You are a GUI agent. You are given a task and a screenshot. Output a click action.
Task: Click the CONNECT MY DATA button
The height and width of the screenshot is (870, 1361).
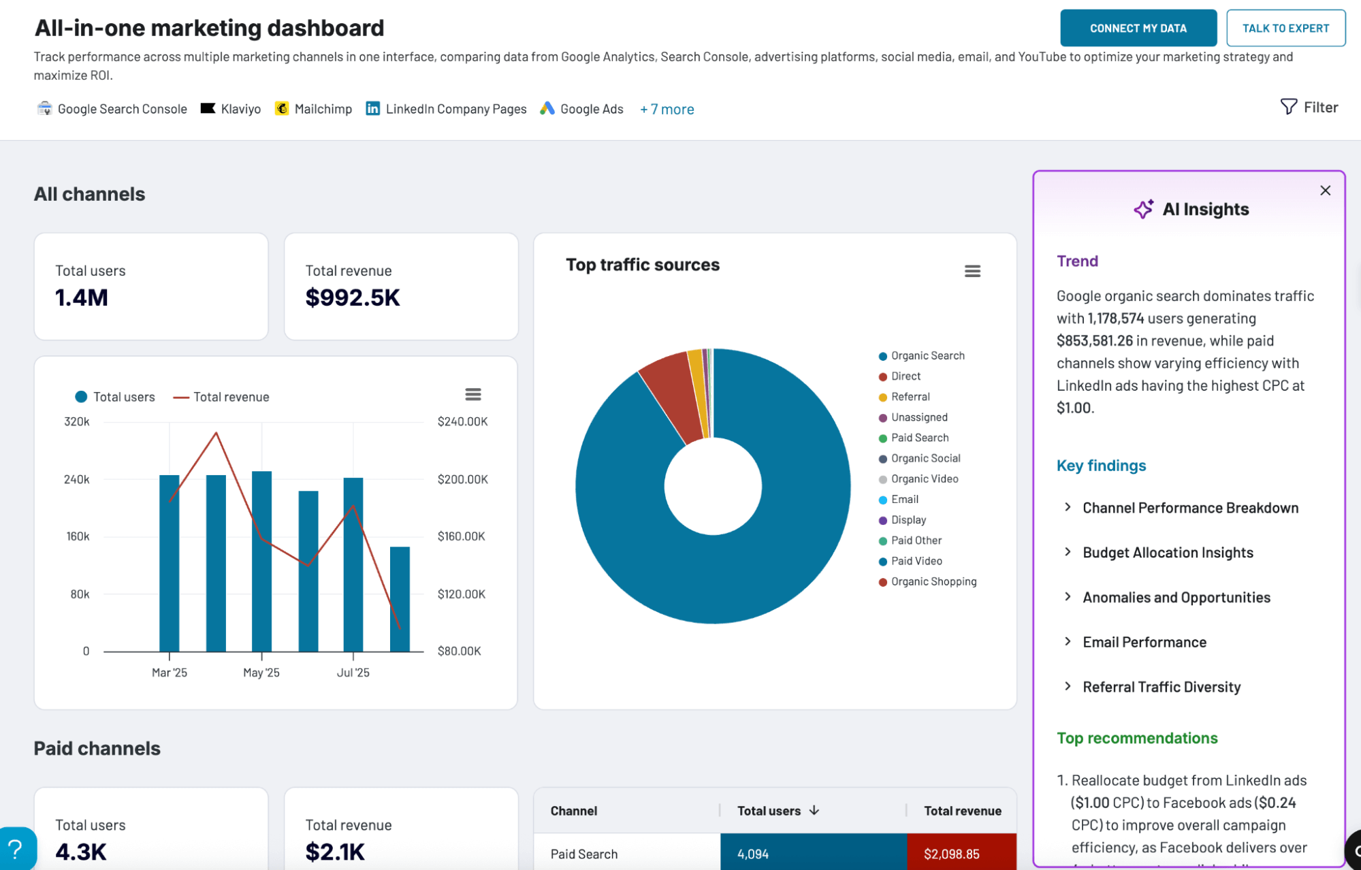[1138, 28]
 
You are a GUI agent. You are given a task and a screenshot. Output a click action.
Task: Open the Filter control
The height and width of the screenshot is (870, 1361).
[1309, 107]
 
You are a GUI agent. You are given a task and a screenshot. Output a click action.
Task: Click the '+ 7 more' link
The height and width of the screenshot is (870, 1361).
[667, 109]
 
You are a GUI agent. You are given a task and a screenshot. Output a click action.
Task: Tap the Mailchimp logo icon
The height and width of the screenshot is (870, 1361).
[281, 108]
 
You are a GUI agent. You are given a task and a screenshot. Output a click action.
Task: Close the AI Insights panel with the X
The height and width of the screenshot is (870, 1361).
[1324, 191]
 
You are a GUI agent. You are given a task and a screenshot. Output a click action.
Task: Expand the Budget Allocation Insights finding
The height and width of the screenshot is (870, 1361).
[1167, 552]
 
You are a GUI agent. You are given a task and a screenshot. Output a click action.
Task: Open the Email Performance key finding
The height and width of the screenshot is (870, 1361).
[1144, 642]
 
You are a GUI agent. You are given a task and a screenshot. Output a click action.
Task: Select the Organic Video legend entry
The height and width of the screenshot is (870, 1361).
[924, 479]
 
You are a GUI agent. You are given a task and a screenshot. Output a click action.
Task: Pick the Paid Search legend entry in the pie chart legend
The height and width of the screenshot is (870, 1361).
[919, 438]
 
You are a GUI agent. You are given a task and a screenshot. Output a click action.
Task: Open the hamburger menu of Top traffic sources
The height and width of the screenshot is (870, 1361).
[972, 271]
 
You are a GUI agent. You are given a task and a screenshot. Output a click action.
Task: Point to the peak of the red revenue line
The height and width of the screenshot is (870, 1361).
[216, 433]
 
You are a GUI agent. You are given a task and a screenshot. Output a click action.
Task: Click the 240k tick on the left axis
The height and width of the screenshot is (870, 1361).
[77, 479]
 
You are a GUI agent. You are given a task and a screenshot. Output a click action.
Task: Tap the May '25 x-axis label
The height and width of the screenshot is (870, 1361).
[261, 673]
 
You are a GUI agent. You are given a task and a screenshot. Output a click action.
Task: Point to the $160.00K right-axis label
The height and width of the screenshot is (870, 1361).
[461, 536]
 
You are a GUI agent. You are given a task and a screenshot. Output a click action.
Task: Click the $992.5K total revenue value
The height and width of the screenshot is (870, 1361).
[352, 297]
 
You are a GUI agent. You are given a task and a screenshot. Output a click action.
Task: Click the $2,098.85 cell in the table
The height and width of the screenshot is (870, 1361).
[951, 854]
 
